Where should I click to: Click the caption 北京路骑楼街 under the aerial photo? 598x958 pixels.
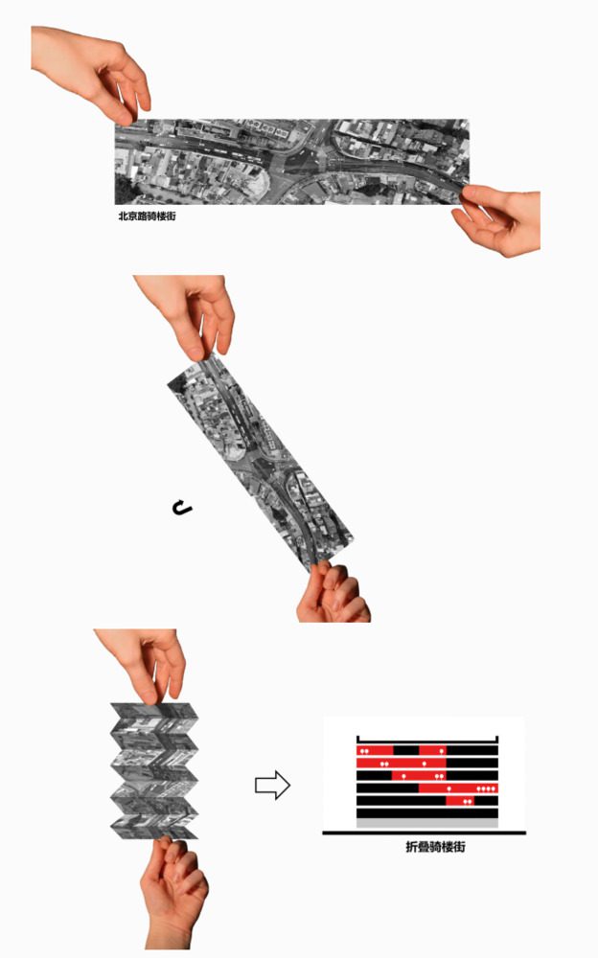tap(147, 216)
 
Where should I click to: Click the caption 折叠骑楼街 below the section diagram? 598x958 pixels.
tap(435, 847)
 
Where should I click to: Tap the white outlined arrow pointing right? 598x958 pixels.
tap(272, 785)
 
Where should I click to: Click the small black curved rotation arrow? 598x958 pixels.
tap(182, 507)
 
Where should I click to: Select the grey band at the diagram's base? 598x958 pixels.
tap(427, 824)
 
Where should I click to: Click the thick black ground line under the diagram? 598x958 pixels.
tap(424, 833)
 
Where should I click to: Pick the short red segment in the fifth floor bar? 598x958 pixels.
tap(460, 800)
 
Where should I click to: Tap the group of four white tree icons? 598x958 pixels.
tap(486, 788)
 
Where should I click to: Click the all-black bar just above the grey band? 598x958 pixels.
tap(427, 813)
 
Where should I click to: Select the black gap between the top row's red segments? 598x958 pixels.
tap(406, 750)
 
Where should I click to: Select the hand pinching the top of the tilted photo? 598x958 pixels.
tap(188, 314)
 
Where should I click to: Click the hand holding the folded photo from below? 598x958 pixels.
tap(173, 892)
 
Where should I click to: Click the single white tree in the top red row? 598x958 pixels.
tap(442, 751)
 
